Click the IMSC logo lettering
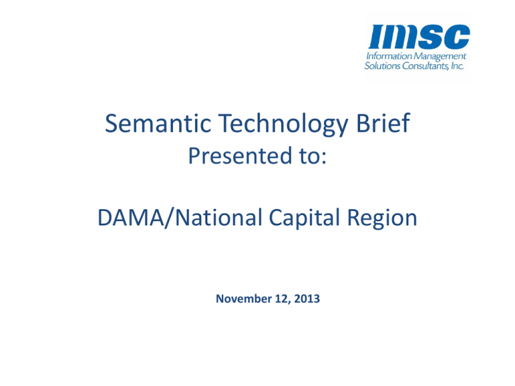coord(419,36)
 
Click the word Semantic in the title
coord(158,123)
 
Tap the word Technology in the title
coord(283,125)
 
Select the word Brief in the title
coord(383,123)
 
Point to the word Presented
coord(240,155)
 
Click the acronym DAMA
coord(131,218)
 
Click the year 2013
coord(306,299)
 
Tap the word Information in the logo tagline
coord(389,56)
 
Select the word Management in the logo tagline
coord(440,57)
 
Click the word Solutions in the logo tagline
coord(382,66)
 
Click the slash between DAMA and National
coord(170,218)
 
